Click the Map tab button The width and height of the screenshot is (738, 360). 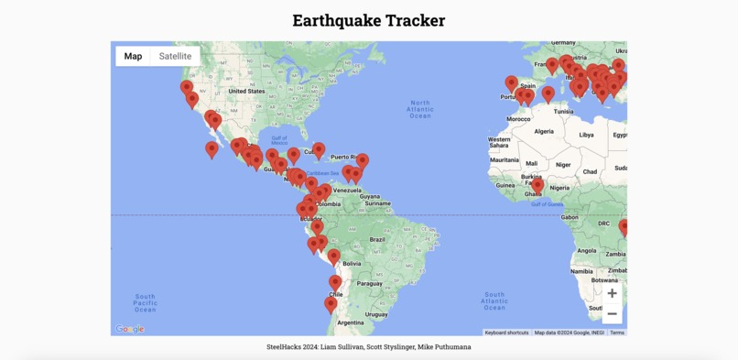133,56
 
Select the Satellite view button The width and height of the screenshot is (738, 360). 175,56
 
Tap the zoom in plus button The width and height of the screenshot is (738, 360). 612,293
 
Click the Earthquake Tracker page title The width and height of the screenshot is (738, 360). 369,20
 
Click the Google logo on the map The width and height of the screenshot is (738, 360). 130,329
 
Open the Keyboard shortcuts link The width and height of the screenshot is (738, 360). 506,333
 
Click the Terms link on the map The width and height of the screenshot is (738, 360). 617,333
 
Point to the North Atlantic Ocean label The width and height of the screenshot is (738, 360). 420,109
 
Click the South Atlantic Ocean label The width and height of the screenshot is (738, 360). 494,300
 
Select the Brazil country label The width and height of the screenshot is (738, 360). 376,239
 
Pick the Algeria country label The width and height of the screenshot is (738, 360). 544,131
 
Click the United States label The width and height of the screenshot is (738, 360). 246,92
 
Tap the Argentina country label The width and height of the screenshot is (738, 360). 351,322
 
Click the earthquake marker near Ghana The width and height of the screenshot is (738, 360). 537,186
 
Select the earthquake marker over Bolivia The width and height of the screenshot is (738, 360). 334,257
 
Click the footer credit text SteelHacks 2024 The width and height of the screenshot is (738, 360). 369,347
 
